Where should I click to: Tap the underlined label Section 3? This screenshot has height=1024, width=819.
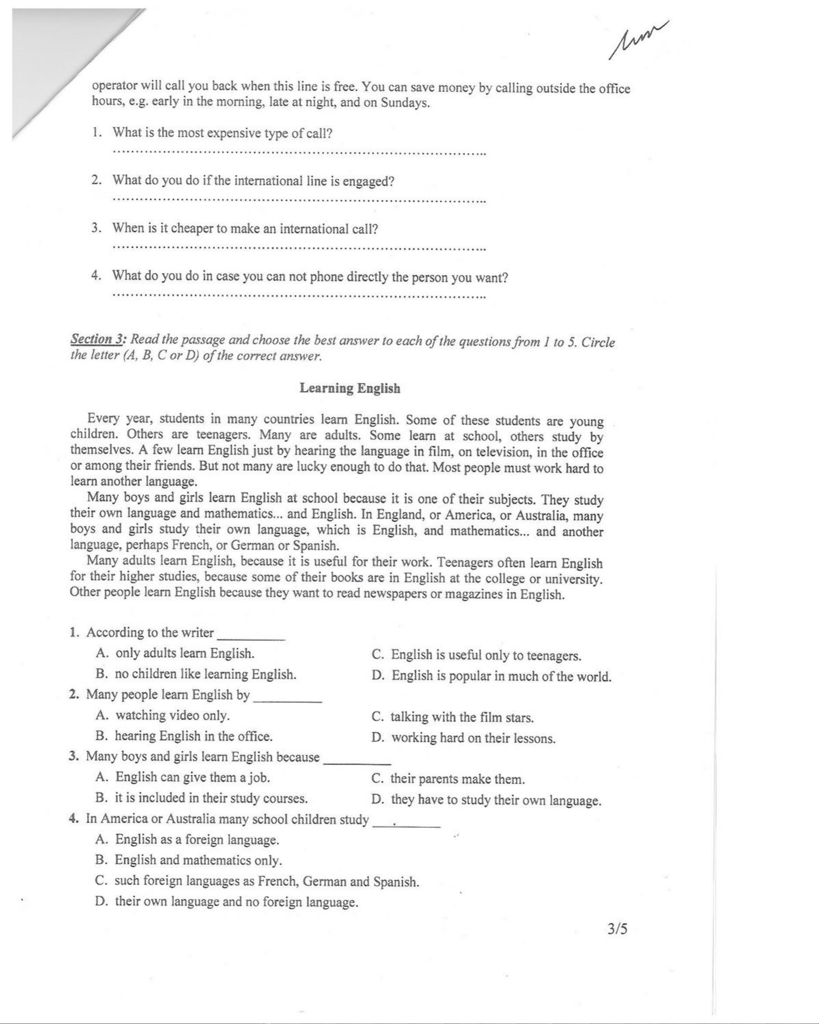click(97, 339)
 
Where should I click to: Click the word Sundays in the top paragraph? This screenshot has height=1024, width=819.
click(405, 103)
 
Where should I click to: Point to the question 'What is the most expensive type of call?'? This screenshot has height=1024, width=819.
click(222, 133)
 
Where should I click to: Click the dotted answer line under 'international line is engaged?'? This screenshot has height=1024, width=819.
click(299, 200)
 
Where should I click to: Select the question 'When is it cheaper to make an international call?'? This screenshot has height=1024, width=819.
click(245, 229)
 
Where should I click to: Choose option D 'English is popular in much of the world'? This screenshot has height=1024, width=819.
click(492, 676)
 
